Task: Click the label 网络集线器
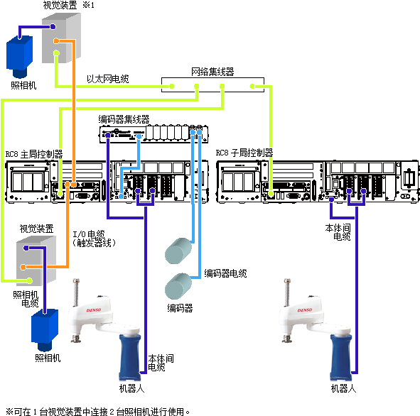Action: [212, 72]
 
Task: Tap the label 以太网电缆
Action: [108, 79]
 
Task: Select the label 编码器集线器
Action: [124, 119]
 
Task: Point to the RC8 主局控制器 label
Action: [34, 154]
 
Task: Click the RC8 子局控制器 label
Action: [244, 153]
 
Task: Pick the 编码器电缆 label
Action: [225, 273]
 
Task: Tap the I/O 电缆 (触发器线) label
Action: [94, 239]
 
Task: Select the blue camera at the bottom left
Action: [45, 330]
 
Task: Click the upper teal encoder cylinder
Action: [178, 251]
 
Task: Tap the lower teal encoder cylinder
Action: [178, 286]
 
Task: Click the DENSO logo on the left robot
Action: [94, 310]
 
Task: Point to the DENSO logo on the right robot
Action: [305, 310]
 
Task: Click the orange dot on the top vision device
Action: [56, 41]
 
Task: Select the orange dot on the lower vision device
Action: [23, 267]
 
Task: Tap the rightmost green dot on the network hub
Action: [252, 86]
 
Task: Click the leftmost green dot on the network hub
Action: [172, 86]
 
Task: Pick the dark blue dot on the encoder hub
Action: [108, 135]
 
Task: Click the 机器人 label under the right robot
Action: [343, 388]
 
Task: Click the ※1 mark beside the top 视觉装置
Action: [88, 5]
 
